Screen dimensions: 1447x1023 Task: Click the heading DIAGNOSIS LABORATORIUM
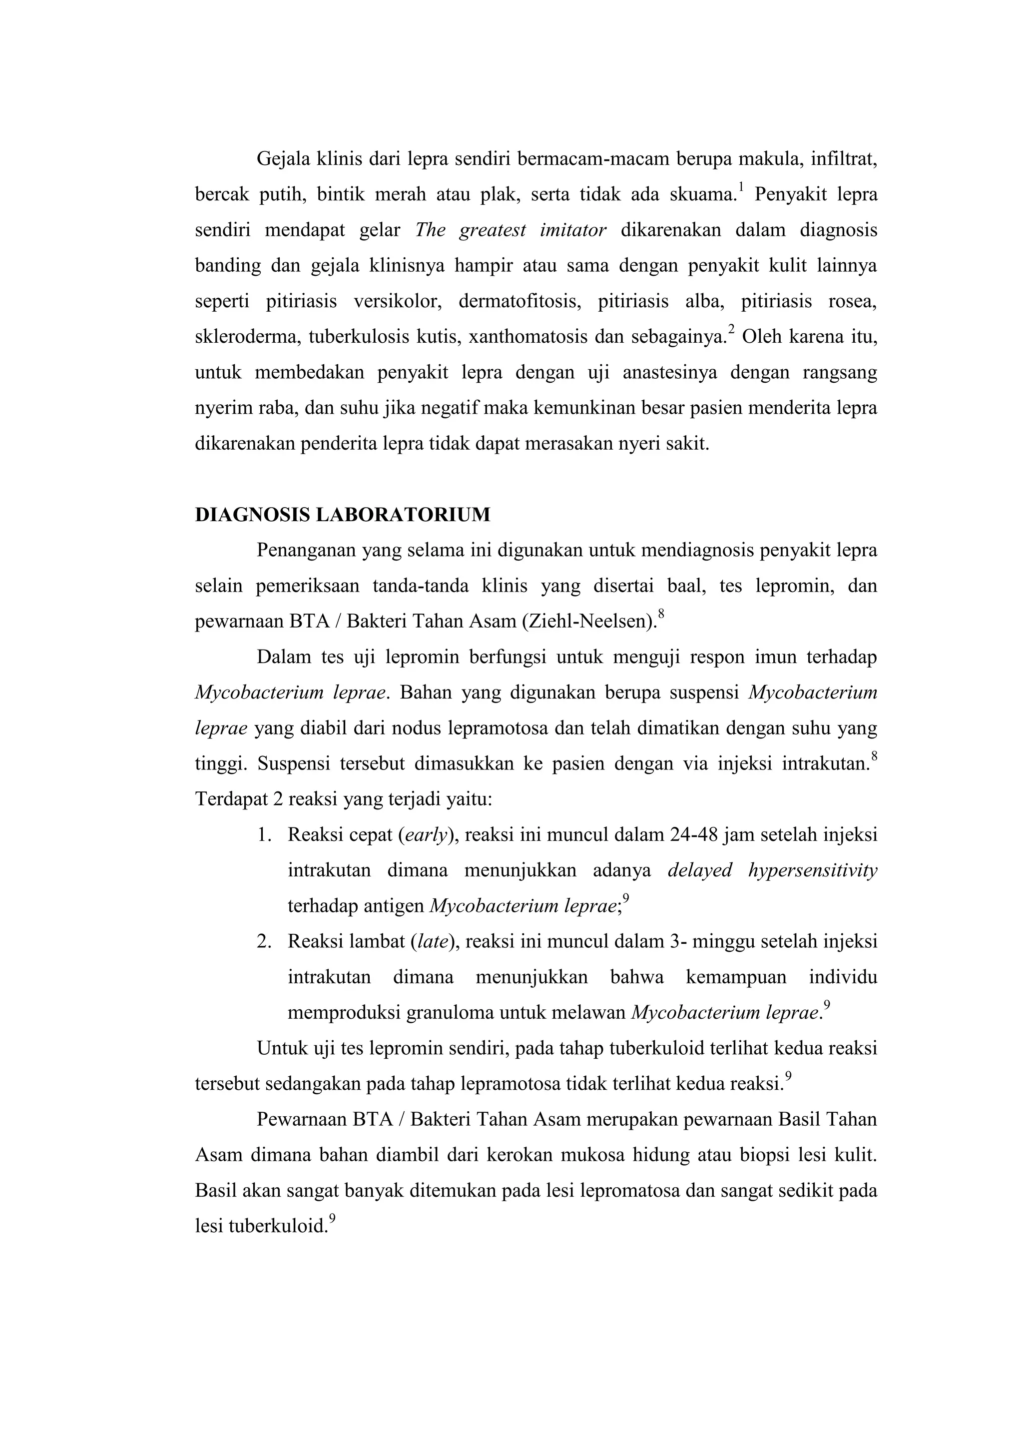tap(342, 515)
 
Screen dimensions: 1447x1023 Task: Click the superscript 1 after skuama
tap(741, 186)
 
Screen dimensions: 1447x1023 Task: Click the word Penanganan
tap(306, 551)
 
